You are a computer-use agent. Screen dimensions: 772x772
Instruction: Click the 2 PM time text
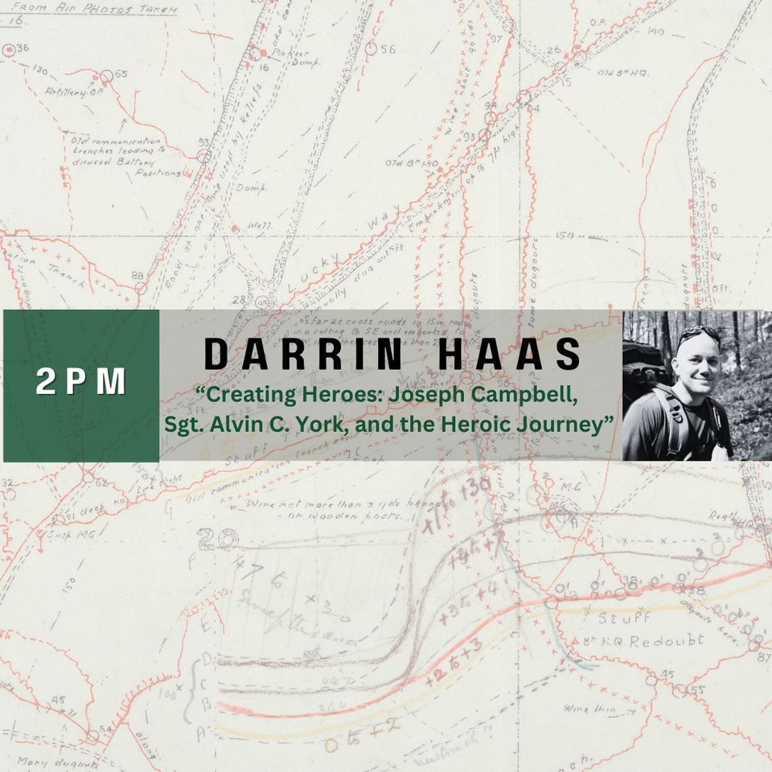pyautogui.click(x=80, y=384)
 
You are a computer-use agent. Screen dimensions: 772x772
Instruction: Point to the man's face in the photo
pyautogui.click(x=697, y=362)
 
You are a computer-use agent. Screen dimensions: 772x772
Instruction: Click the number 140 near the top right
pyautogui.click(x=655, y=31)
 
